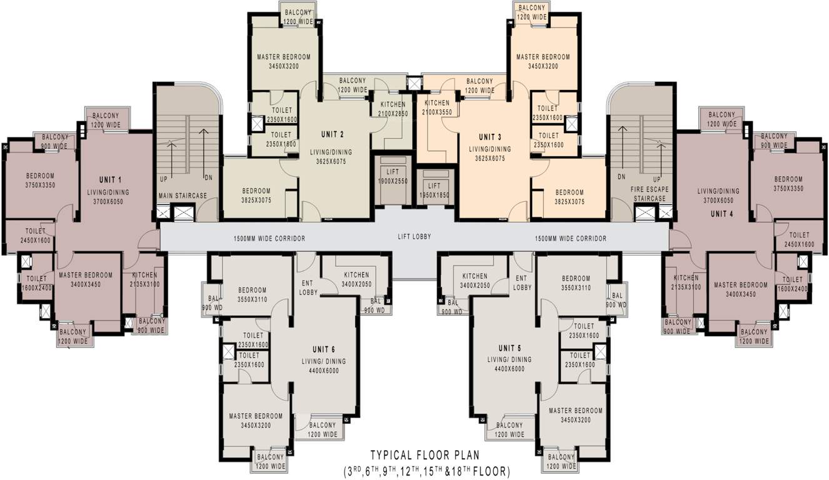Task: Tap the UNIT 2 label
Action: [x=333, y=134]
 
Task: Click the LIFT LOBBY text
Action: [x=414, y=237]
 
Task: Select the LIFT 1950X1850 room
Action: [x=435, y=190]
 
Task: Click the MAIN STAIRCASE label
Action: [x=182, y=196]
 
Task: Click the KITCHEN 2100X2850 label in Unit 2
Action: [x=392, y=109]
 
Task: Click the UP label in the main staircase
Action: [x=163, y=179]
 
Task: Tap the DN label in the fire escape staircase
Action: [x=621, y=177]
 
